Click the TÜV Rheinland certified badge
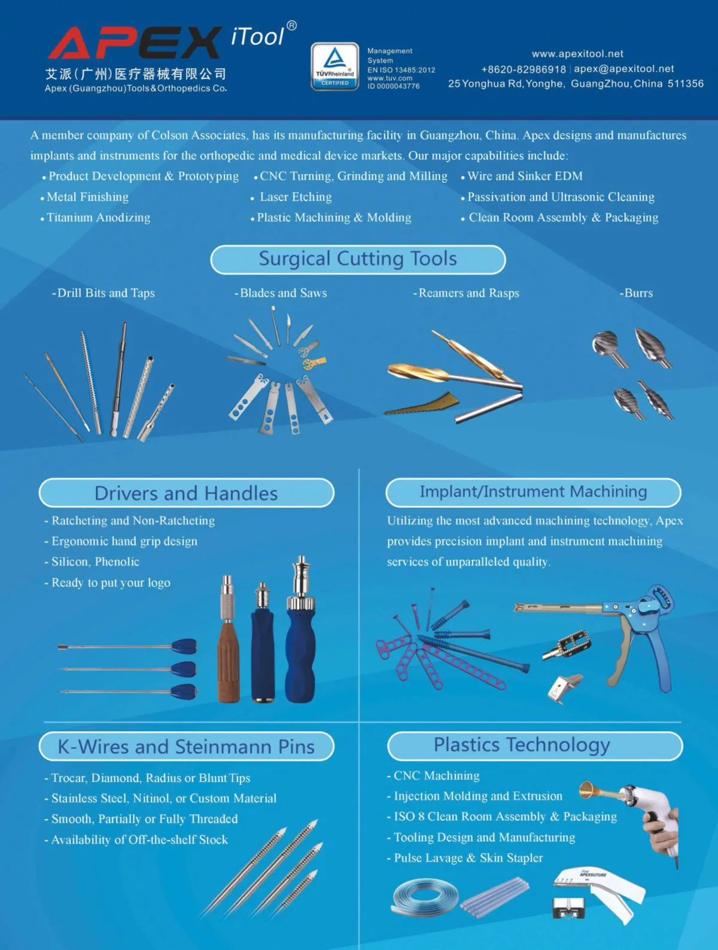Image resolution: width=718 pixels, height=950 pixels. (334, 66)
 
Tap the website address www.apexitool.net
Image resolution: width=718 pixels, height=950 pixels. (577, 54)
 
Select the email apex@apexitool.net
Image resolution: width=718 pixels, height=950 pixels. (623, 69)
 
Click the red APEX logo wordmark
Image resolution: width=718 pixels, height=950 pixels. (135, 42)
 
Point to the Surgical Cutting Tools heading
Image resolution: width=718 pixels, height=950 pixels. (358, 259)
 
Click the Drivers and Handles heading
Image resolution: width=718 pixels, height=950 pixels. (186, 493)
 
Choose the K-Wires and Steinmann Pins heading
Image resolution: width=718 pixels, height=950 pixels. (186, 747)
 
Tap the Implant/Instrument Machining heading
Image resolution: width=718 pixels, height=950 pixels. (533, 492)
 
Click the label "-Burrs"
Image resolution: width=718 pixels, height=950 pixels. (636, 293)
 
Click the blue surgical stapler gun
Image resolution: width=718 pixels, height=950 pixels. (606, 635)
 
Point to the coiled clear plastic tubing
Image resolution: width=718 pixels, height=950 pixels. (425, 897)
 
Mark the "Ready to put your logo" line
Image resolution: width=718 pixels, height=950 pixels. (107, 583)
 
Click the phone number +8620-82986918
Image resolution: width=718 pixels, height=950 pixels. (524, 69)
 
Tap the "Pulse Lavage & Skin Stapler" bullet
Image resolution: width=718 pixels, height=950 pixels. (465, 858)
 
